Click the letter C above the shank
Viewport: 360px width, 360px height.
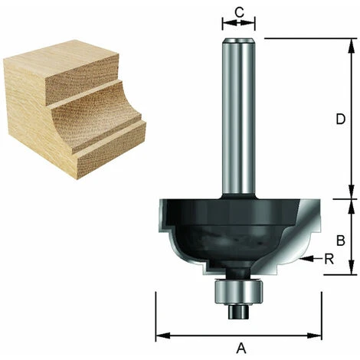(239, 11)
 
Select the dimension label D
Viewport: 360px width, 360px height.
(341, 119)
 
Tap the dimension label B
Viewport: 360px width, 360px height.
(341, 241)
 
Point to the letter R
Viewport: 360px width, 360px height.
(329, 260)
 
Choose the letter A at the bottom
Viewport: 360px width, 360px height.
(241, 349)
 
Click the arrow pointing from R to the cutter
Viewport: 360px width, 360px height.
(311, 259)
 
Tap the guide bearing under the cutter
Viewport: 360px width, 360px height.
(239, 291)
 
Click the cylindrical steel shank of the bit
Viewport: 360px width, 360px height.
(238, 116)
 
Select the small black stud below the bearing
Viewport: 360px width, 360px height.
(238, 312)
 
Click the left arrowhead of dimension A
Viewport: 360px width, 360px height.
(162, 335)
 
